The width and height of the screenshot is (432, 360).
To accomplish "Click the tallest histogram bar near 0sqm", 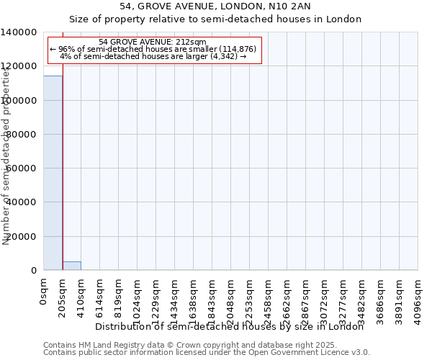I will [53, 173].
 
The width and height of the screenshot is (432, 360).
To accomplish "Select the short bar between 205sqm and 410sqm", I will [71, 266].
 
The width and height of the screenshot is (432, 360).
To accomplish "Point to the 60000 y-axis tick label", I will [22, 168].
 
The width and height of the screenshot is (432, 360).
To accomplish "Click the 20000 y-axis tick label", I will [22, 236].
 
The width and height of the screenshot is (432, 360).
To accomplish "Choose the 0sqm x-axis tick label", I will [44, 292].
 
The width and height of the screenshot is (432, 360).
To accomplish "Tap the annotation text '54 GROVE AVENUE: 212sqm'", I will [153, 42].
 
